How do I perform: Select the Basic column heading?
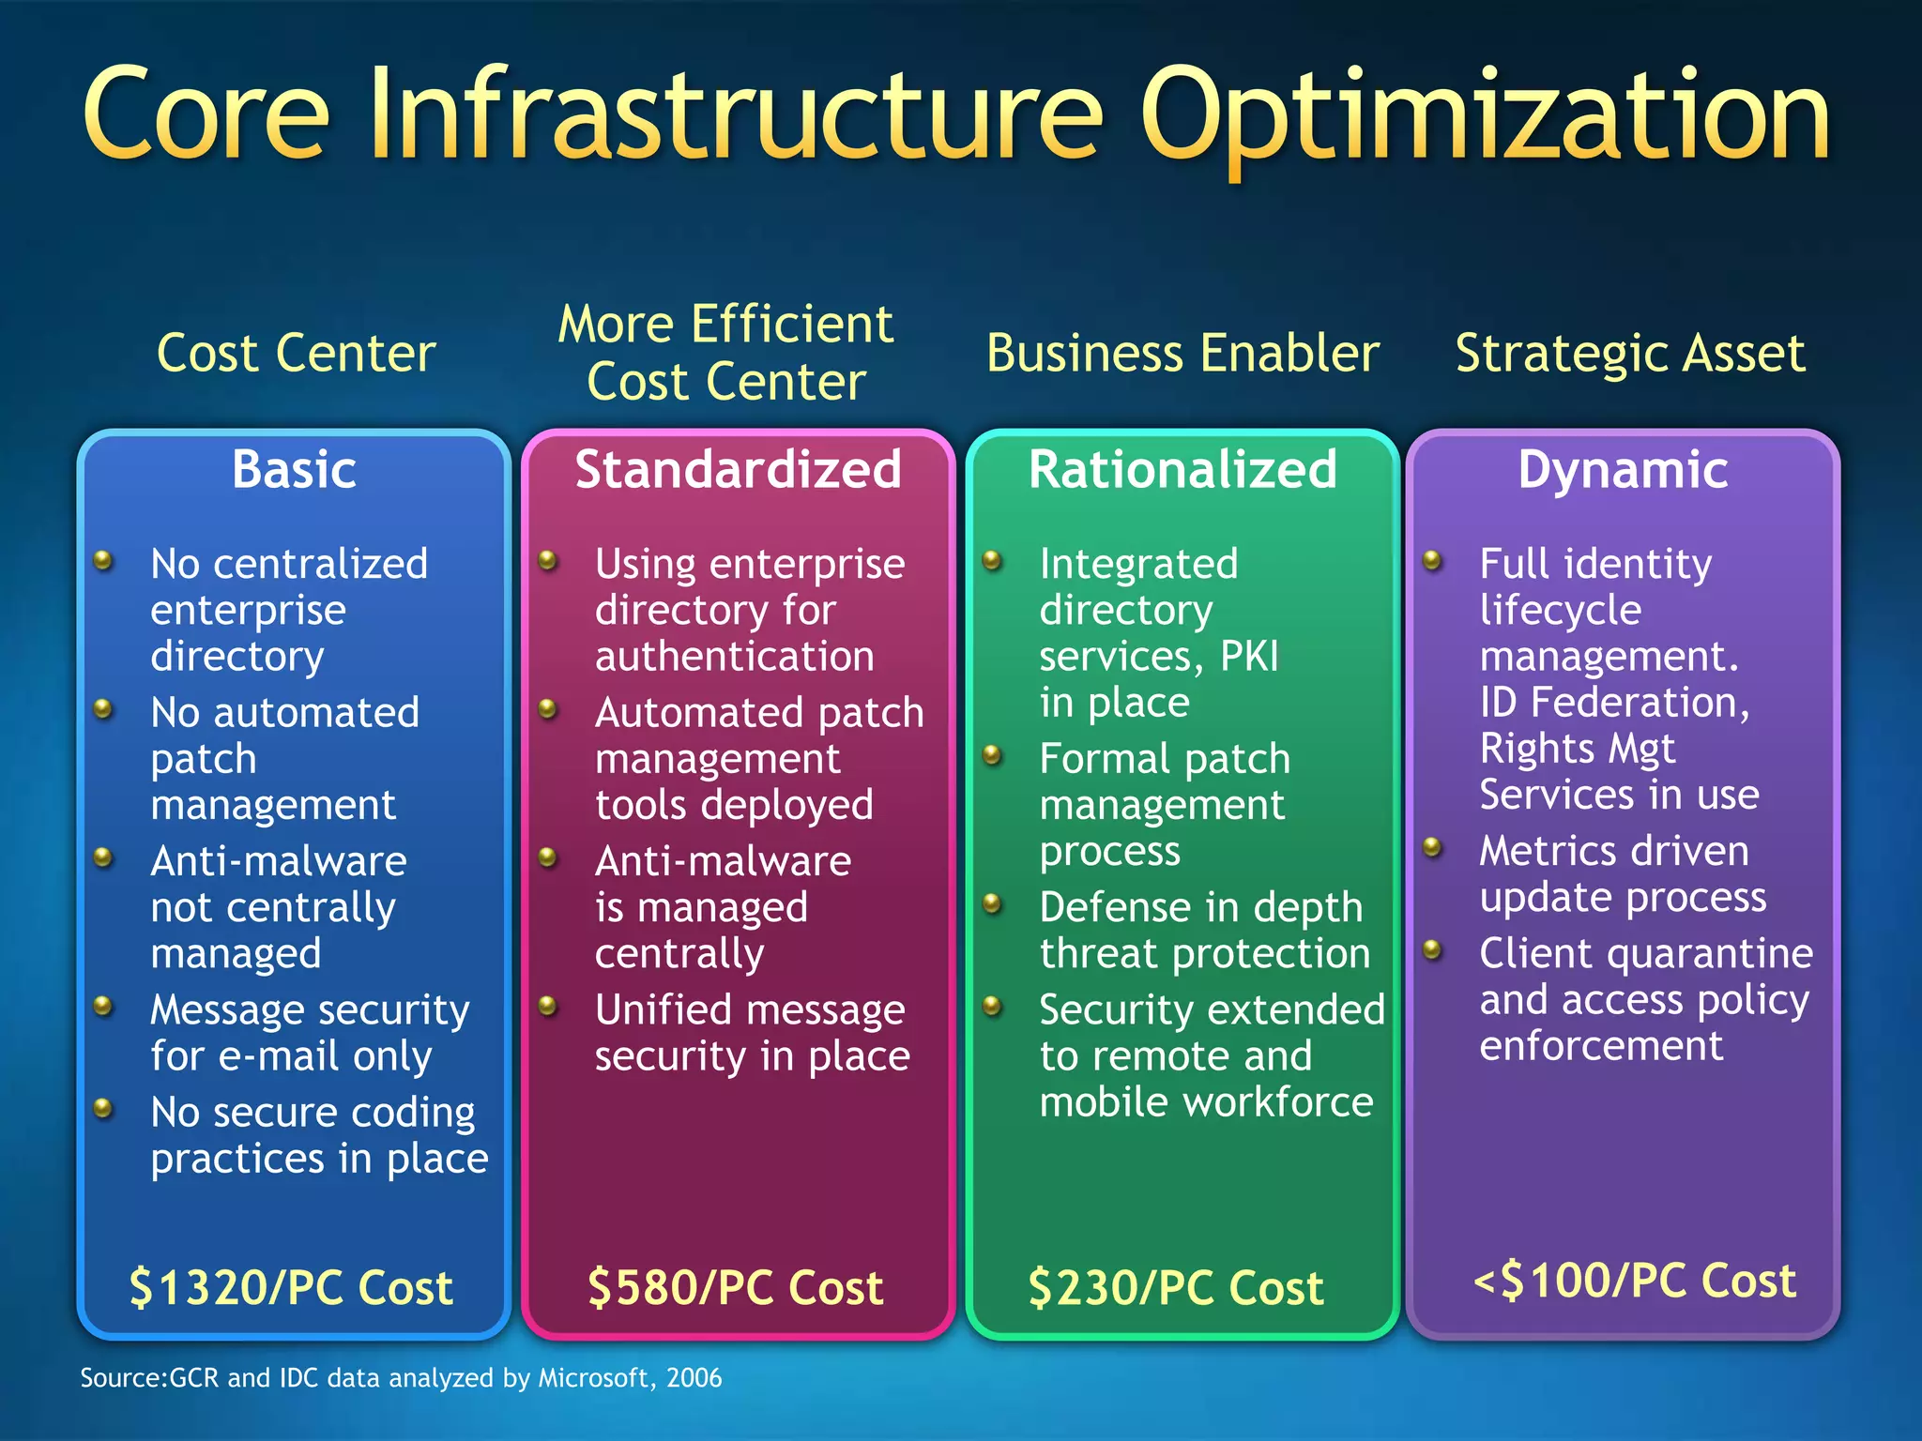(x=294, y=469)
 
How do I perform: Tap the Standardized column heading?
(x=738, y=469)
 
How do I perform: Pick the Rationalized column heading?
(x=1182, y=469)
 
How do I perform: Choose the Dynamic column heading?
(x=1623, y=469)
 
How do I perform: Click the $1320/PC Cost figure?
(x=291, y=1286)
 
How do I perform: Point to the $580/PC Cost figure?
(x=735, y=1286)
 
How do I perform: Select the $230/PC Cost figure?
(x=1176, y=1286)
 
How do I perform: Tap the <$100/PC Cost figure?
(x=1634, y=1280)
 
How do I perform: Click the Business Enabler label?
(x=1182, y=353)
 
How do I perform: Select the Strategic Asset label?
(x=1629, y=353)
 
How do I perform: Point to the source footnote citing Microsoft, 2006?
(x=401, y=1377)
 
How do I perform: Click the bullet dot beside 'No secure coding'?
(x=104, y=1109)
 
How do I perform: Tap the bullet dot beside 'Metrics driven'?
(x=1432, y=847)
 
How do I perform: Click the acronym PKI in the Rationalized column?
(x=1249, y=656)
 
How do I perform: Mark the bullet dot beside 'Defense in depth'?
(x=993, y=903)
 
